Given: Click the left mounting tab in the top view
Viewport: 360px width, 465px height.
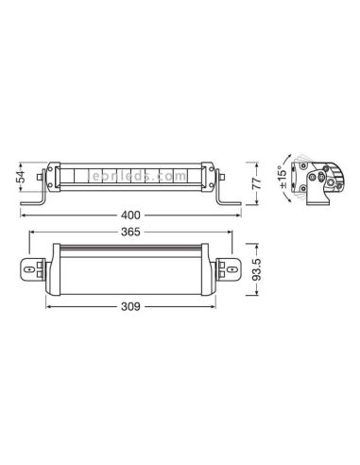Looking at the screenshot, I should point(30,269).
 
